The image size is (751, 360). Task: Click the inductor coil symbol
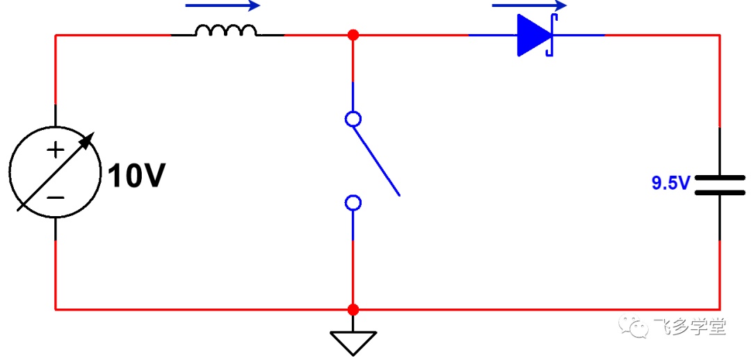226,31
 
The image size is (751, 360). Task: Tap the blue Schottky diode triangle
533,35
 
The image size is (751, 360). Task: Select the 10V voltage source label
136,176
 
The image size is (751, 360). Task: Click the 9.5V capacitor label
670,183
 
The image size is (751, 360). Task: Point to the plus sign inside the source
56,150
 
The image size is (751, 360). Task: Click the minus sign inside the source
56,197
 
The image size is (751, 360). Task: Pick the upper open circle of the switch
353,119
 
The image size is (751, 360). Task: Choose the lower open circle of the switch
353,203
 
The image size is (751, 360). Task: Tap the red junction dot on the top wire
353,35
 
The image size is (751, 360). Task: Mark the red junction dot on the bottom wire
353,309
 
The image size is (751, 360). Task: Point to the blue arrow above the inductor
223,6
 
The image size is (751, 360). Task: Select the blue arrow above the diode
529,6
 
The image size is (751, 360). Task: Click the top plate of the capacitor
720,177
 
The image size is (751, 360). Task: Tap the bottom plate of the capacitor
720,193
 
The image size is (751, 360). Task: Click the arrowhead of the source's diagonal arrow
88,140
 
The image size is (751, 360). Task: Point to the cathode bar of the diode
552,35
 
